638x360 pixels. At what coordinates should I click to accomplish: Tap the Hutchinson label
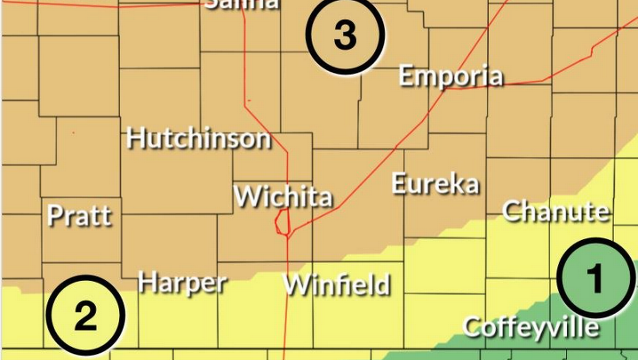199,138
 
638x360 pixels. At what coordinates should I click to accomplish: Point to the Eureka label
435,184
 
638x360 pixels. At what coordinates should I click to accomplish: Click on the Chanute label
555,211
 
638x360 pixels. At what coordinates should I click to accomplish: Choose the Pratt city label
79,216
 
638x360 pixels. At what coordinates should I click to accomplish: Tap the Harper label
182,283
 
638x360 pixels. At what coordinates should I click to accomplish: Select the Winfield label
336,284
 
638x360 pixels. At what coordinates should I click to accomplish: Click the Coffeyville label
531,326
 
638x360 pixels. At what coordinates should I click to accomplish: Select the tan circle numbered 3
345,35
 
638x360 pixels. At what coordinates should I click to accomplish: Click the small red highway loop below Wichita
282,222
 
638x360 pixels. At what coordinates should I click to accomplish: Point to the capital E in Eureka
399,184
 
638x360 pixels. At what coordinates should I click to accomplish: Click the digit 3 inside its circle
345,35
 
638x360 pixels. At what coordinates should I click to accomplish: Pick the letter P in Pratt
54,216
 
